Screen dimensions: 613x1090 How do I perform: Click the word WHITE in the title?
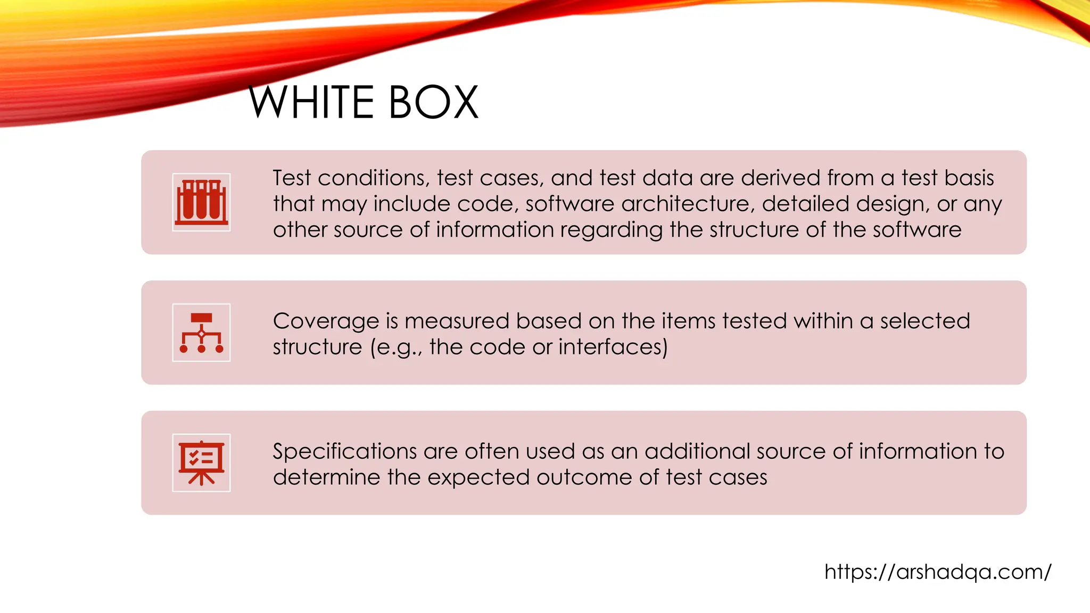[311, 102]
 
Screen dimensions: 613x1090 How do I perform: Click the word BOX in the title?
[433, 102]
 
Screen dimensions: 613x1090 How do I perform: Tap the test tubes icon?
[201, 202]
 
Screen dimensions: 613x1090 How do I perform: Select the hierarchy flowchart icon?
[201, 333]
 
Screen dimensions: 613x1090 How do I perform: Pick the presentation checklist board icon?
[201, 463]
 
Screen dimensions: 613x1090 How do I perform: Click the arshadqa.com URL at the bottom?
[938, 572]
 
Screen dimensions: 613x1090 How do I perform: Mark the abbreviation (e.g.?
[397, 347]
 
